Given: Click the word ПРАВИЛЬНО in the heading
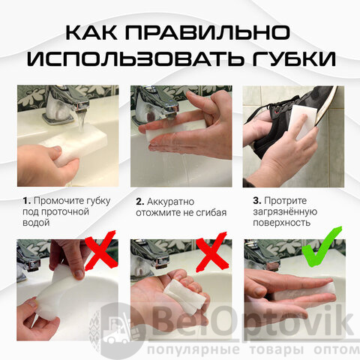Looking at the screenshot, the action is pos(208,32).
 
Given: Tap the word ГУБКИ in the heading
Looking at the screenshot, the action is pos(294,58).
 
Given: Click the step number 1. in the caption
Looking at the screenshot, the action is pos(27,201).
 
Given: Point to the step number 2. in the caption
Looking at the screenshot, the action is pos(140,202).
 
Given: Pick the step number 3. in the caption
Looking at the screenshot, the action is pos(257,200).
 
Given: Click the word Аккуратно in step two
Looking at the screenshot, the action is pos(170,202).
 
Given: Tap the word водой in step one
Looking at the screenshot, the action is pos(36,223).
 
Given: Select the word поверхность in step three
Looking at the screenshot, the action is pos(282,223).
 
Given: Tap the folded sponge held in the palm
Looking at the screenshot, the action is pos(185,295).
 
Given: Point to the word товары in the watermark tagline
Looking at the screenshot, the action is pos(277,349).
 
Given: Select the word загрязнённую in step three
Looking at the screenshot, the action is pos(285,212).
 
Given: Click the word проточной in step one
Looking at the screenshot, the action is pos(65,212).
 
